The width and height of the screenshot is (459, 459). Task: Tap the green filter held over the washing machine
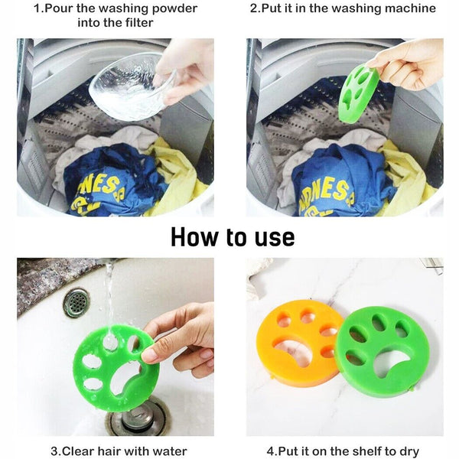coord(359,93)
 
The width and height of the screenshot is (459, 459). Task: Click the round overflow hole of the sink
coord(76,303)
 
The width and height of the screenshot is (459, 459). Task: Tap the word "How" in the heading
coord(194,237)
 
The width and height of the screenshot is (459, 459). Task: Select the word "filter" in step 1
coord(139,22)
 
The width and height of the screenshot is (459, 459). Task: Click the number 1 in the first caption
coord(37,8)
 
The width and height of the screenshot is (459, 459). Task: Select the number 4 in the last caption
coord(271,451)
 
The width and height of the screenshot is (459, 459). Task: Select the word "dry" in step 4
coord(409,451)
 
